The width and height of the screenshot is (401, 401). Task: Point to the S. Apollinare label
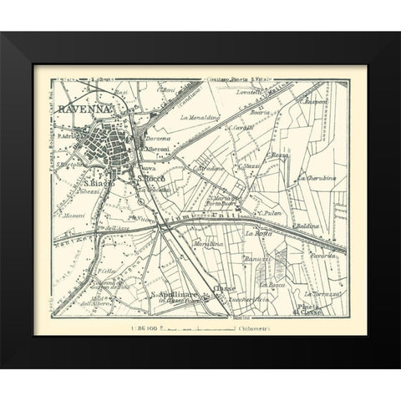point(173,294)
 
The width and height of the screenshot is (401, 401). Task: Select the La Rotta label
point(254,235)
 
